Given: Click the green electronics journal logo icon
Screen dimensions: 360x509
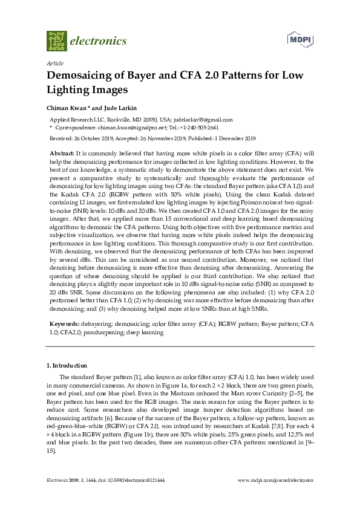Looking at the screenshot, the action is [x=57, y=41].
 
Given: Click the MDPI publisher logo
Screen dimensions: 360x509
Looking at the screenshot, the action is [x=302, y=41].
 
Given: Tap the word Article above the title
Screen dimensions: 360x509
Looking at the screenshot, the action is [x=55, y=63].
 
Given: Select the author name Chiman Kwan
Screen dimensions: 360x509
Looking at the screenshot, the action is [x=67, y=107].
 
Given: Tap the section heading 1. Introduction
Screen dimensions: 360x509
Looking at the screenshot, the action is [x=67, y=365].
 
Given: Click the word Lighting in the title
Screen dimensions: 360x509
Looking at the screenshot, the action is [x=66, y=90].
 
